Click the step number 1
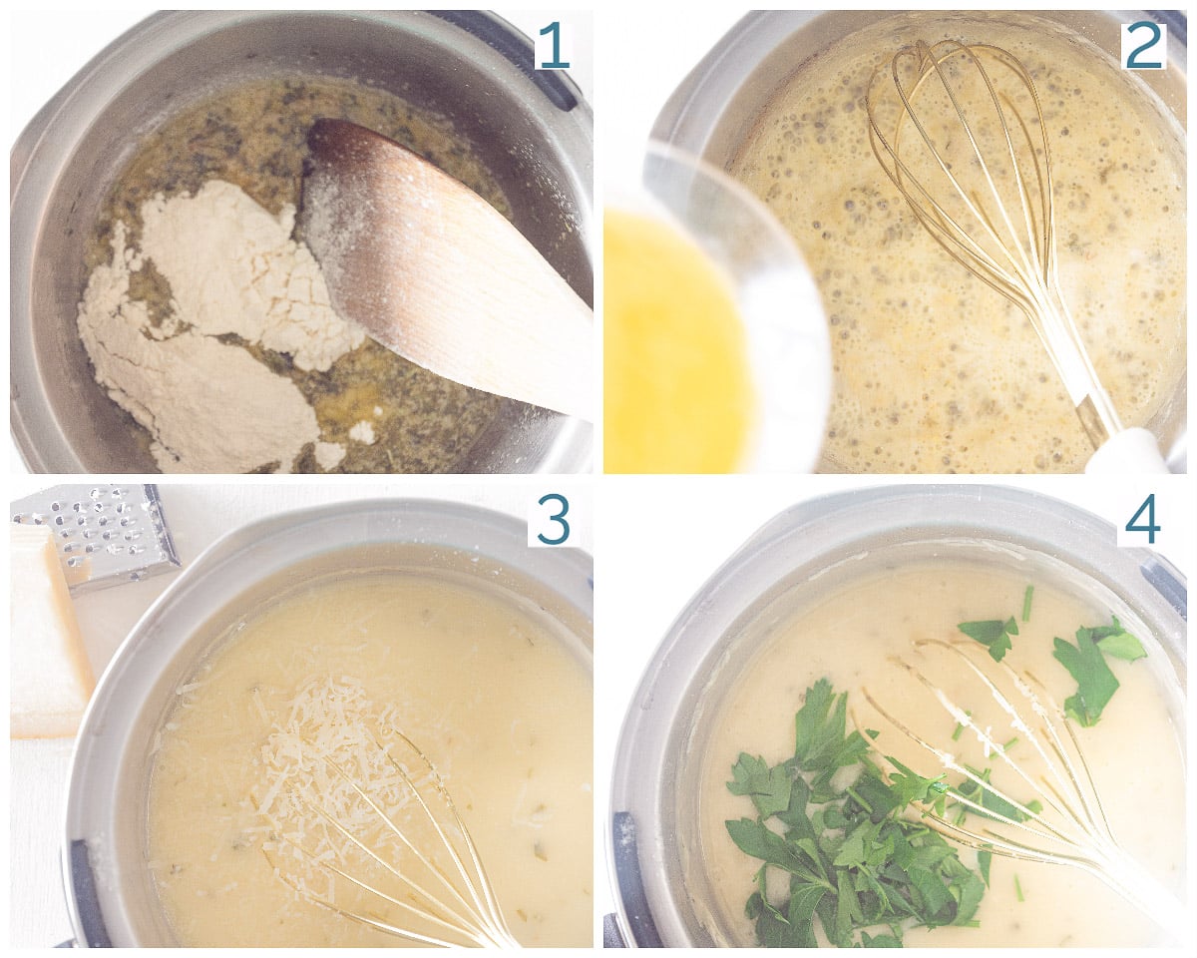point(553,46)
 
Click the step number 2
point(1144,46)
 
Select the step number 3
point(554,522)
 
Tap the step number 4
point(1144,522)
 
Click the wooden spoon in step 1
point(445,267)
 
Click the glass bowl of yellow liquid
point(712,311)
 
